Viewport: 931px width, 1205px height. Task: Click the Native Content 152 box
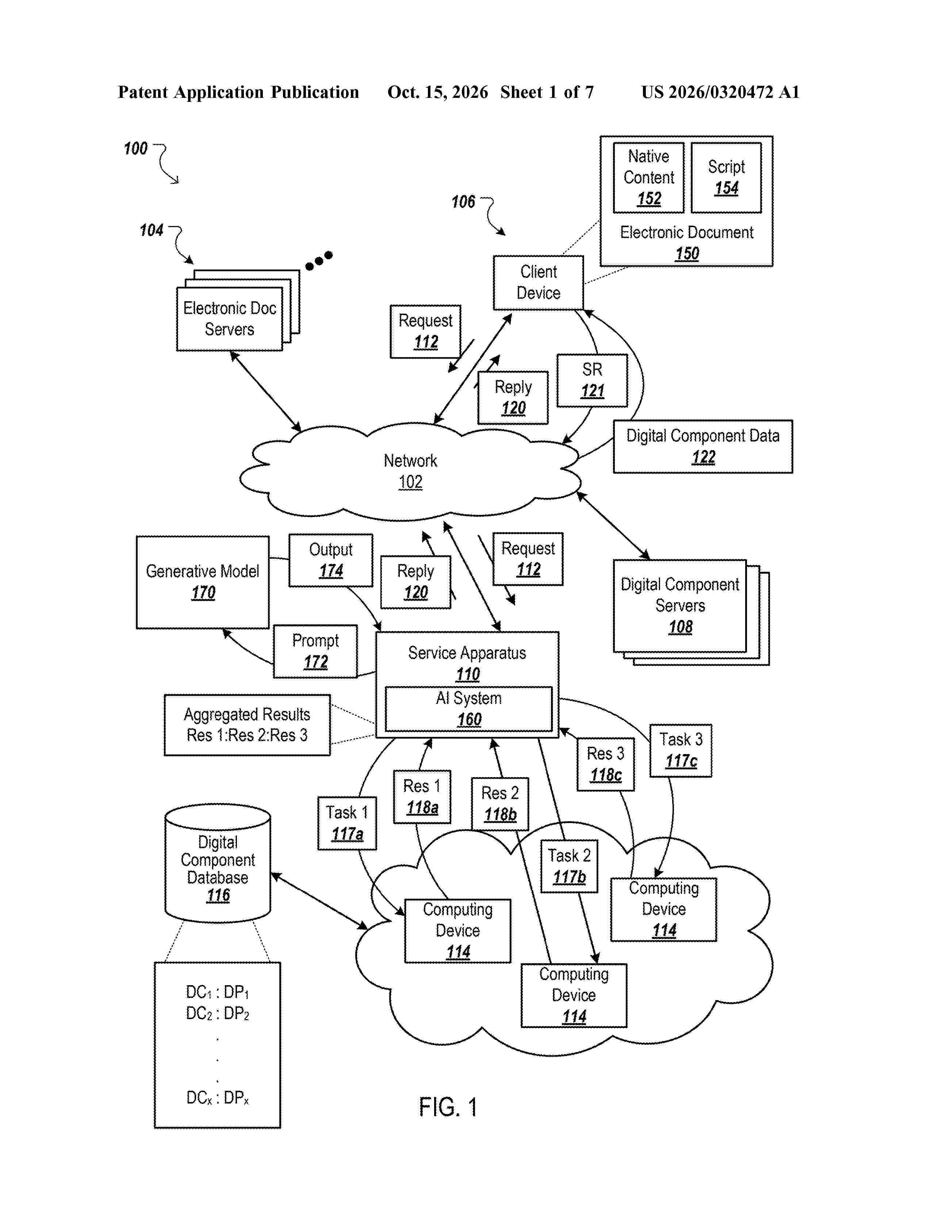[x=649, y=178]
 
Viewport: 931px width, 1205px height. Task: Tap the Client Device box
[x=538, y=283]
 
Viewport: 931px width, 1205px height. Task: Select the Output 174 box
[x=331, y=560]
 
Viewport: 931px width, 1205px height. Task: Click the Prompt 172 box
[x=315, y=651]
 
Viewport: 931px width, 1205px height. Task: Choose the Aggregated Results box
[x=247, y=725]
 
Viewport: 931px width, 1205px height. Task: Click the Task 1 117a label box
[x=347, y=823]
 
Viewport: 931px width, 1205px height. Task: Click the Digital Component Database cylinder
[x=218, y=863]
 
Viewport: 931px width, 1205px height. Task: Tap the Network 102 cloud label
[x=410, y=471]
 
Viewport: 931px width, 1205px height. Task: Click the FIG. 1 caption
[x=448, y=1107]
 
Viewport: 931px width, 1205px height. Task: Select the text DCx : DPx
[x=217, y=1098]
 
